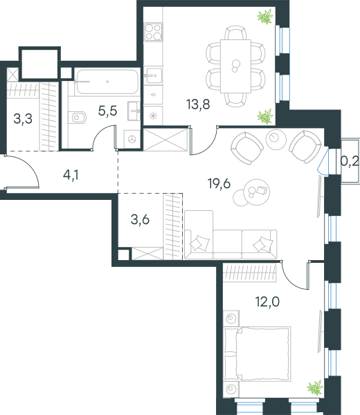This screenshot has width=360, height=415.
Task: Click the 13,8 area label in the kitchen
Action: pyautogui.click(x=198, y=104)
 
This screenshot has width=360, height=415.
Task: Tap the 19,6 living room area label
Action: pyautogui.click(x=219, y=184)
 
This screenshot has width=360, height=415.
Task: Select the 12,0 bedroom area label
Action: pyautogui.click(x=267, y=302)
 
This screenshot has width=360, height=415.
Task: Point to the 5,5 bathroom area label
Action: pyautogui.click(x=107, y=111)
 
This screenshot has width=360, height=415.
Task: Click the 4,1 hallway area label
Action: pyautogui.click(x=71, y=175)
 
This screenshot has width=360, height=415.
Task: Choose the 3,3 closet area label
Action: pyautogui.click(x=23, y=118)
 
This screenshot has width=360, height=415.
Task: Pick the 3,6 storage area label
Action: pyautogui.click(x=140, y=220)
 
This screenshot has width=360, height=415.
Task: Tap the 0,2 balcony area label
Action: pyautogui.click(x=350, y=161)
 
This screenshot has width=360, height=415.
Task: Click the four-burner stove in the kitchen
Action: pyautogui.click(x=153, y=32)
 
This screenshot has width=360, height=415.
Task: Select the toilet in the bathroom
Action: pyautogui.click(x=77, y=118)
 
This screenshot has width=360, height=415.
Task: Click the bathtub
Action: pyautogui.click(x=107, y=82)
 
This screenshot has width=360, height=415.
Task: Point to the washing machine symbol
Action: pyautogui.click(x=132, y=139)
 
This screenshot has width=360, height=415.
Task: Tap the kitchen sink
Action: pyautogui.click(x=154, y=75)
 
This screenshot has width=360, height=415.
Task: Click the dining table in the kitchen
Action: pyautogui.click(x=235, y=66)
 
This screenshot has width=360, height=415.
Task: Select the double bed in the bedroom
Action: pyautogui.click(x=258, y=354)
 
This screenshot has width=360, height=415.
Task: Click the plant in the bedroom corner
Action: pyautogui.click(x=315, y=388)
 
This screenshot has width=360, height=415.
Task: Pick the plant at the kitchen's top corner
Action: pyautogui.click(x=265, y=17)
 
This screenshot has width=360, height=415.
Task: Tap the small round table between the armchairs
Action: pyautogui.click(x=276, y=139)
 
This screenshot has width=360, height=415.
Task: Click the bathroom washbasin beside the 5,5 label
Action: pyautogui.click(x=134, y=111)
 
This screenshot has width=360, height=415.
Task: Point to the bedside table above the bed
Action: pyautogui.click(x=231, y=318)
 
